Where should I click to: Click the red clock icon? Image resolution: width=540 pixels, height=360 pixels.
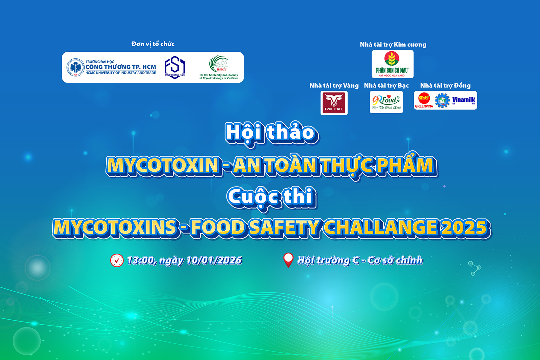point(117,260)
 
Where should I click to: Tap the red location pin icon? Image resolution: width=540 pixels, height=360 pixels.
point(288,260)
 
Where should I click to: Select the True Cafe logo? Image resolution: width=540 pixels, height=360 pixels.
point(334,103)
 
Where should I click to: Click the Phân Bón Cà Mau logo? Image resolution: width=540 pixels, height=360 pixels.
point(392,64)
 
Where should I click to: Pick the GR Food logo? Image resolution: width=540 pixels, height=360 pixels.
point(386,102)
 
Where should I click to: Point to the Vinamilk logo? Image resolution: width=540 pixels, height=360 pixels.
point(464,100)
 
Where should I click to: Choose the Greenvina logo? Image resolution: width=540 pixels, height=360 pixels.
point(424,101)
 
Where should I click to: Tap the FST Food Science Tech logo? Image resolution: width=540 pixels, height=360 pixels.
point(175,67)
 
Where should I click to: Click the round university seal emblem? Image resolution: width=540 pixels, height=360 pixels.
point(75,67)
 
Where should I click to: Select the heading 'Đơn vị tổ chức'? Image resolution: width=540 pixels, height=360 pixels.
point(153,44)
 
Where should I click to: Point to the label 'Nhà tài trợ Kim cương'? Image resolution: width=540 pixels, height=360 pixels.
point(393,45)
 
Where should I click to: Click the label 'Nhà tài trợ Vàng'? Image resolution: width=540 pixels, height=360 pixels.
point(334,86)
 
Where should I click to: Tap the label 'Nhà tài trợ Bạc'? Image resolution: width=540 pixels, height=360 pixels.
point(386,86)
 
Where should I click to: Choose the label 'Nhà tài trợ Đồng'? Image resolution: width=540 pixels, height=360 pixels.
point(445,86)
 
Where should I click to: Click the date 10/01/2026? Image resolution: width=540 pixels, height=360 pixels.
point(214,260)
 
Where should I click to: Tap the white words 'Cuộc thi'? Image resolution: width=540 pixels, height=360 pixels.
point(272,197)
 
